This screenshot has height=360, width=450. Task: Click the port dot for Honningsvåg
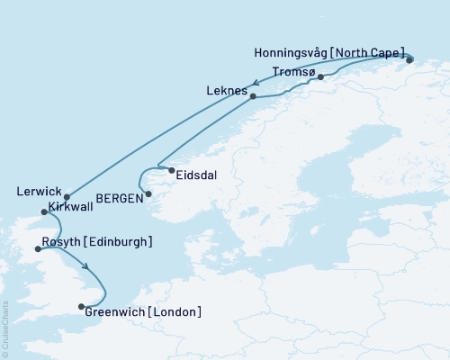pos(409,60)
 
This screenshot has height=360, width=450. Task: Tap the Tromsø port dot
pos(320,77)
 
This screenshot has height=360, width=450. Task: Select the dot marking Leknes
pos(253,96)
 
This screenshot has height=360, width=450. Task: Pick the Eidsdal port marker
pos(171,169)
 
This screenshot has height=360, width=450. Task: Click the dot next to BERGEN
pos(149,194)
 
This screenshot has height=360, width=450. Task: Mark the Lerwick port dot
pos(67,196)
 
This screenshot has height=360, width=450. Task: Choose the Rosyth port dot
pos(37,249)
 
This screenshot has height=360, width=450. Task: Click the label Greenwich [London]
pos(142,311)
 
